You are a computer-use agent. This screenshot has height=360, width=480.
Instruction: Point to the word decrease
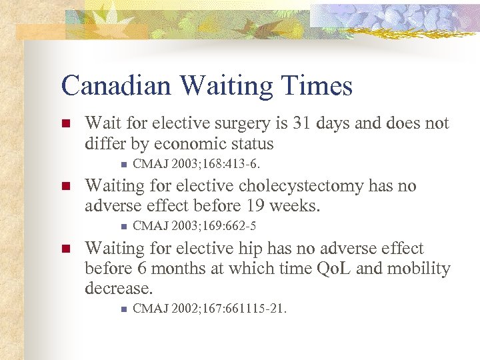click(118, 289)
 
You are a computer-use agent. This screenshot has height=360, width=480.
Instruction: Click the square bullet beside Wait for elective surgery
click(65, 124)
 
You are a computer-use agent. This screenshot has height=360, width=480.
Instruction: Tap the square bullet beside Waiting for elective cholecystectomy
click(65, 186)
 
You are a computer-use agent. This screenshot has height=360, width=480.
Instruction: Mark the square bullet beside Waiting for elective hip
click(65, 249)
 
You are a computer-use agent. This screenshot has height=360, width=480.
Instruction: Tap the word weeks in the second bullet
click(298, 206)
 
